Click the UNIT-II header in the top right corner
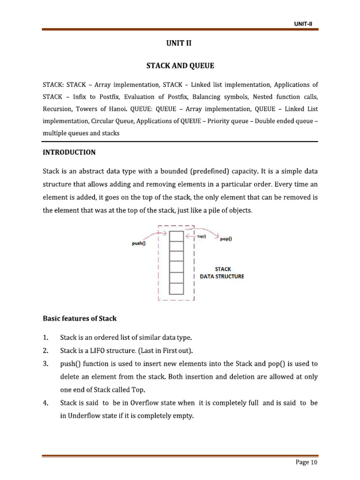pyautogui.click(x=303, y=23)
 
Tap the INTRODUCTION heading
pyautogui.click(x=69, y=152)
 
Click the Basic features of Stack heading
pyautogui.click(x=80, y=318)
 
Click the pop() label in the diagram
pyautogui.click(x=225, y=239)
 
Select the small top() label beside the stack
pyautogui.click(x=202, y=237)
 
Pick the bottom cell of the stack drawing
pyautogui.click(x=176, y=289)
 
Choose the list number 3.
pyautogui.click(x=45, y=364)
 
